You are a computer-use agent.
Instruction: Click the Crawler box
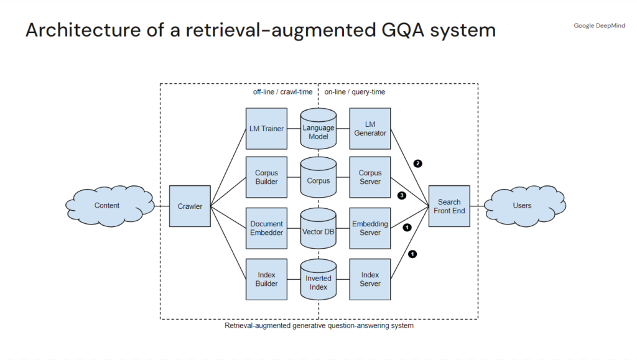(x=190, y=206)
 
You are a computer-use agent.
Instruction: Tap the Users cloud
(x=522, y=206)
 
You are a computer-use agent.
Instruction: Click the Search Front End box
(x=449, y=206)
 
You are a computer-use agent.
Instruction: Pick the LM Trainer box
(x=266, y=129)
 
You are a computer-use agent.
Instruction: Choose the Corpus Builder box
(x=266, y=177)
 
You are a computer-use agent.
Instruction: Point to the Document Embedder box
(x=266, y=228)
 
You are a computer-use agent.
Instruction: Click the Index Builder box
(x=266, y=279)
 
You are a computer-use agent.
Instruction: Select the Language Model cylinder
(x=318, y=131)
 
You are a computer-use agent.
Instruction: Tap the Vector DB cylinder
(x=318, y=231)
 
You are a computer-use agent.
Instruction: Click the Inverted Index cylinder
(x=318, y=282)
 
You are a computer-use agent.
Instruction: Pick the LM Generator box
(x=370, y=129)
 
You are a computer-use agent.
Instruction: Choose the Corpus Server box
(x=370, y=177)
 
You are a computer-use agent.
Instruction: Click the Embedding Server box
(x=370, y=228)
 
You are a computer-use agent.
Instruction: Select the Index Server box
(x=370, y=279)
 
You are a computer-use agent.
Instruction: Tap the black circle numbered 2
(x=417, y=164)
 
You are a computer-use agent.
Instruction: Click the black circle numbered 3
(x=402, y=195)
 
